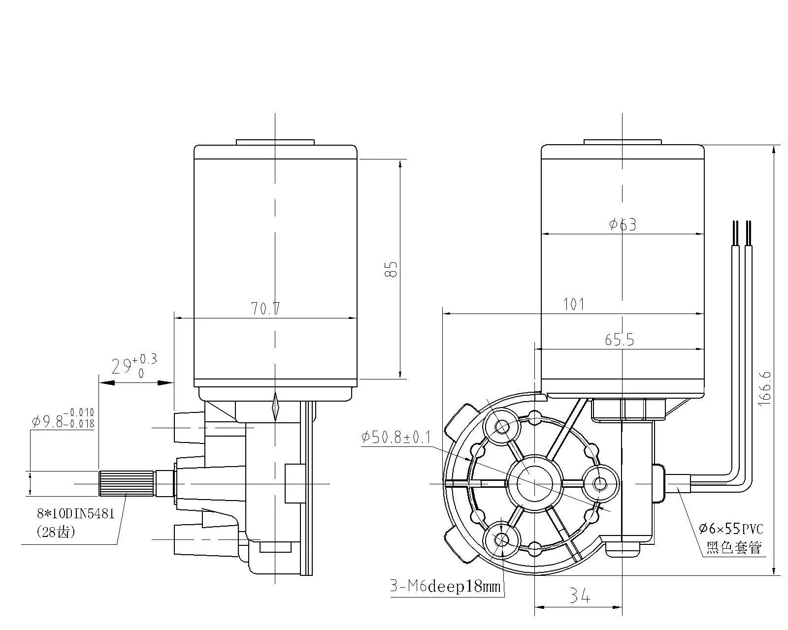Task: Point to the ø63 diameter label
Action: coord(623,224)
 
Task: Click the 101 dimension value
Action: coord(574,304)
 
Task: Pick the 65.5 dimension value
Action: coord(619,340)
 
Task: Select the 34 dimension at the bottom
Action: coord(580,597)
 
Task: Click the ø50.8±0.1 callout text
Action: coord(396,437)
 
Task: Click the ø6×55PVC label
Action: coord(731,529)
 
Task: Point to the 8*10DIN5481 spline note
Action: coord(76,514)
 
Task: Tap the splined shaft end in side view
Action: coord(127,483)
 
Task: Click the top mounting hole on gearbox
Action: coord(502,426)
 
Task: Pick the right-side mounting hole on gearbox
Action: coord(600,484)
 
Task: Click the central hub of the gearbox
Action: coord(534,482)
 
